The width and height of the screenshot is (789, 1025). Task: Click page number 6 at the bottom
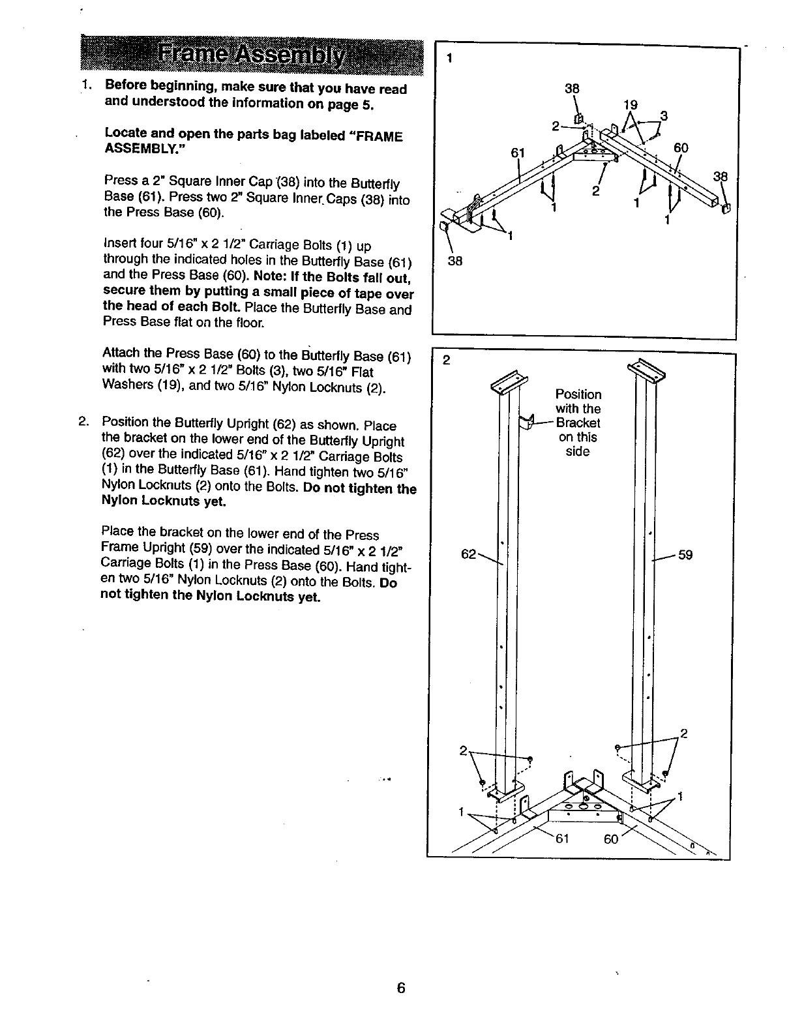(x=401, y=987)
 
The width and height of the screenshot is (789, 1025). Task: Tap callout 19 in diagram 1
(x=630, y=104)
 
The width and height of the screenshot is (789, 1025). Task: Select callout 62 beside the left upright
(x=468, y=554)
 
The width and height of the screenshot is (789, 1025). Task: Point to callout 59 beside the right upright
(x=685, y=555)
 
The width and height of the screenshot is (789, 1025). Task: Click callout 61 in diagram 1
(x=518, y=153)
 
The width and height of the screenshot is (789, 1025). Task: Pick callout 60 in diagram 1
(x=681, y=148)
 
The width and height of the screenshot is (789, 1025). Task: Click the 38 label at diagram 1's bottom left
(x=455, y=261)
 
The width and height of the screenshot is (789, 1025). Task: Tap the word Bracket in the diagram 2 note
(x=578, y=423)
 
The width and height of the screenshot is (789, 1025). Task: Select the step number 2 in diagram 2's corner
(x=447, y=361)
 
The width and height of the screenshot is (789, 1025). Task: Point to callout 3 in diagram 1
(x=664, y=116)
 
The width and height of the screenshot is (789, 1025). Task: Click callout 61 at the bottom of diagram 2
(x=561, y=839)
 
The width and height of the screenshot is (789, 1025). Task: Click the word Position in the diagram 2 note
(x=578, y=394)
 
